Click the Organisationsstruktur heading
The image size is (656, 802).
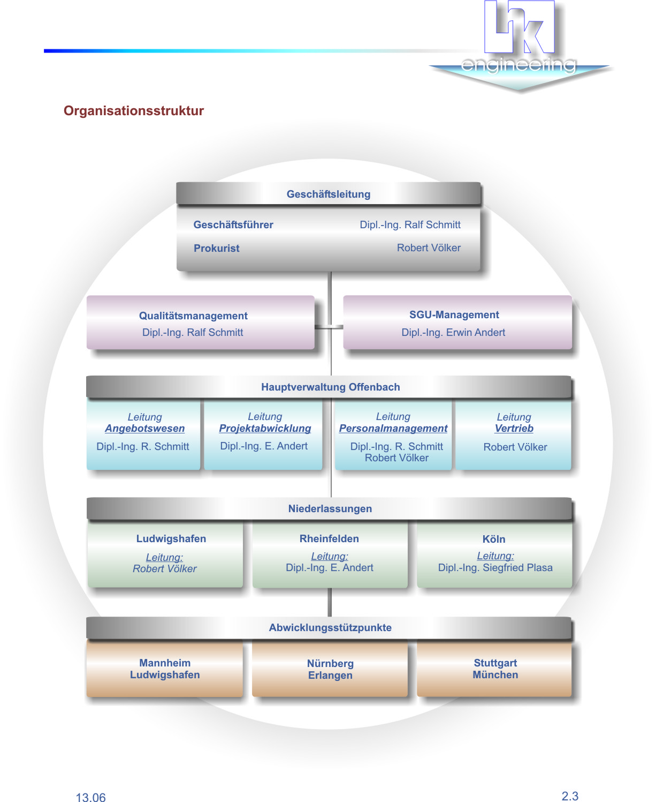point(134,111)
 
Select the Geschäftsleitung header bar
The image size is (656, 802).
point(329,194)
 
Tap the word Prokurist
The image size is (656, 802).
point(216,248)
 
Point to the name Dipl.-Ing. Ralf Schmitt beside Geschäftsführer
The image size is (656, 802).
point(410,224)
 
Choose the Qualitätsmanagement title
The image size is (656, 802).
point(193,316)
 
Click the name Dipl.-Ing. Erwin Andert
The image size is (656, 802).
point(453,332)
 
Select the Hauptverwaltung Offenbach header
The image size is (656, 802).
point(330,387)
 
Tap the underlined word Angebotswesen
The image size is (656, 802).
point(144,429)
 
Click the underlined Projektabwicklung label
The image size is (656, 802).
point(265,429)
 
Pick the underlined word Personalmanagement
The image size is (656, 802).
point(393,429)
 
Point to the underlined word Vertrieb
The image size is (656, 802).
point(514,429)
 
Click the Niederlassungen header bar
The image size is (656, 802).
point(330,508)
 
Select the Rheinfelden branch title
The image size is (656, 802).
point(329,538)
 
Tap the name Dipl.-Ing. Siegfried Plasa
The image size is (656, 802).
point(495,567)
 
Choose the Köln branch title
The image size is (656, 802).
point(493,539)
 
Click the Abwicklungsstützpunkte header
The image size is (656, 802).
point(330,627)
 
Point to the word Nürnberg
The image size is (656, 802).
point(330,663)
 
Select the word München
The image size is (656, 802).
point(495,674)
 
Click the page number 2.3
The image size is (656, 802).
point(570,796)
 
